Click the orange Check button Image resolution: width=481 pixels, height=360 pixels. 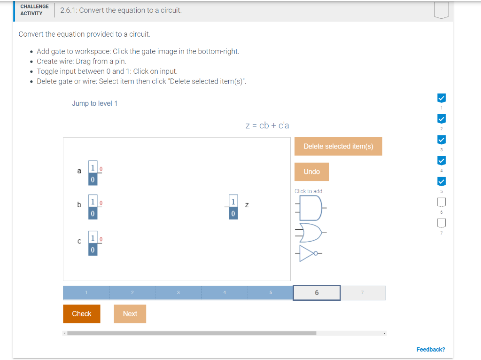(81, 313)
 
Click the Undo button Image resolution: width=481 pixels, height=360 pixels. (311, 172)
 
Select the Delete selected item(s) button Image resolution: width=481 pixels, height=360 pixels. (338, 146)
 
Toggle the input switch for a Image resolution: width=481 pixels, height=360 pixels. (93, 173)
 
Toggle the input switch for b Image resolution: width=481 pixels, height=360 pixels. (93, 207)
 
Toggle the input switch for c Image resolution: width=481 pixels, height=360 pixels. (93, 243)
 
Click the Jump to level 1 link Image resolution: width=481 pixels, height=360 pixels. (94, 103)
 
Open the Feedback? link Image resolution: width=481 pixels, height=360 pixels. (431, 349)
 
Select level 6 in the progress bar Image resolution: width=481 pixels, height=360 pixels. (317, 293)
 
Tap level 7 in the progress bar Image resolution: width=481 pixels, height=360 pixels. (363, 293)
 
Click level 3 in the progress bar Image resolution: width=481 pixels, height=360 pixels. (178, 293)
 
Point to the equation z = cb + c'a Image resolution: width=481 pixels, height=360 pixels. (267, 125)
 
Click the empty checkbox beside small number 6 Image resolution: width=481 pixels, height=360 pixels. (442, 203)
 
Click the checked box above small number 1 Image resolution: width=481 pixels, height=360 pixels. (442, 98)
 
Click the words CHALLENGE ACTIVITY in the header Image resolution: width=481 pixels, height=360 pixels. (34, 10)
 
